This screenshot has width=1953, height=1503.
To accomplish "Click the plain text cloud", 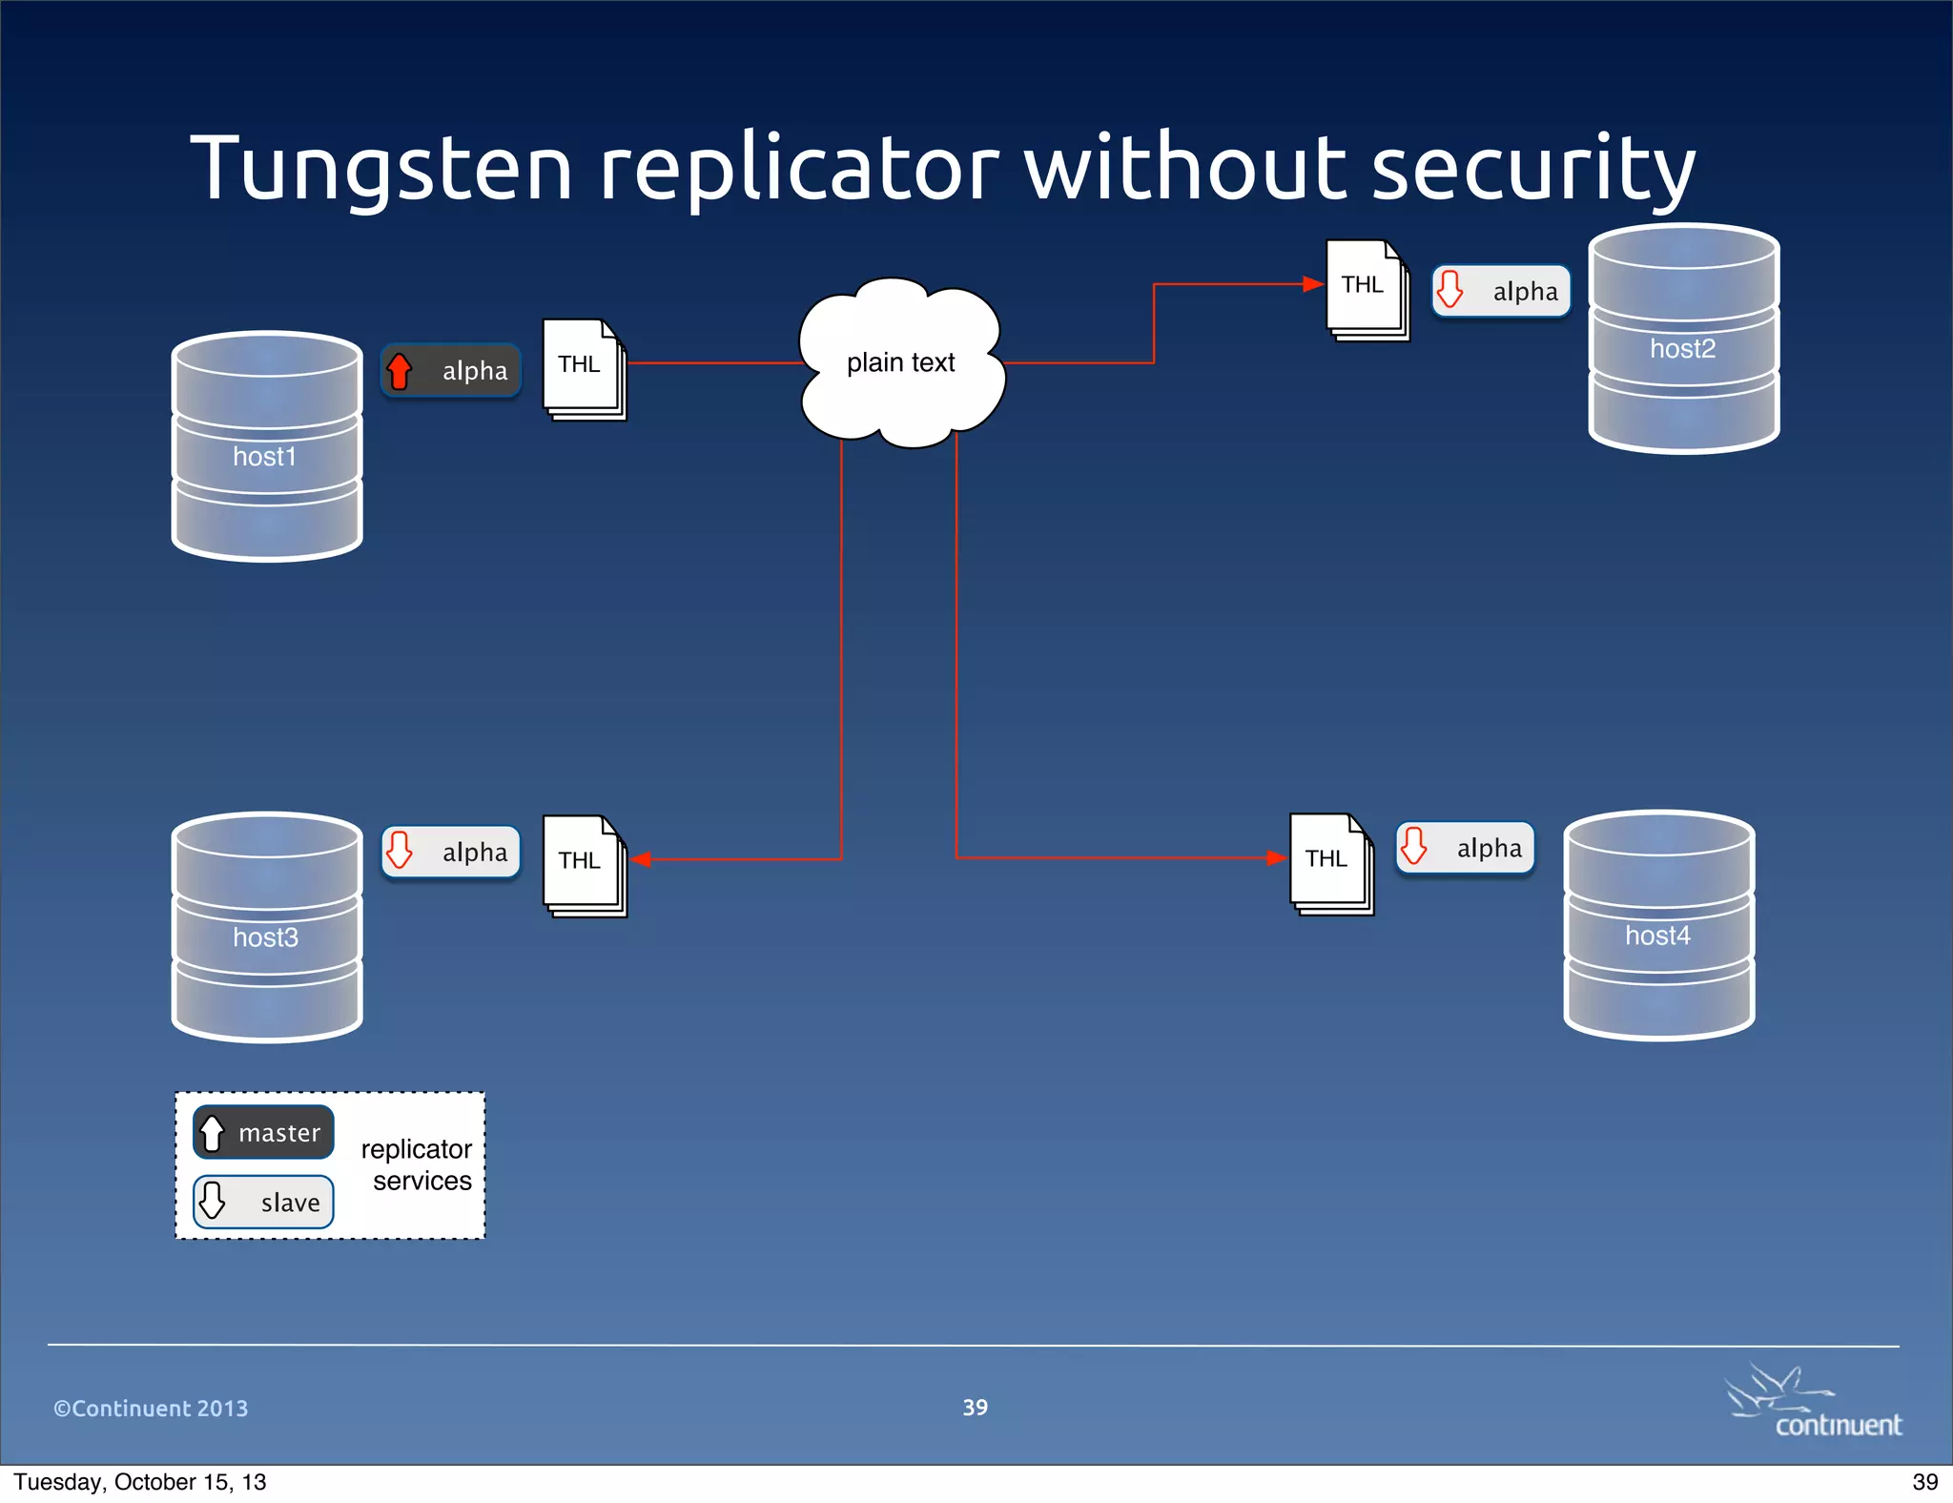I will [901, 363].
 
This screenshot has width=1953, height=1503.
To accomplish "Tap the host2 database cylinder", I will [1683, 339].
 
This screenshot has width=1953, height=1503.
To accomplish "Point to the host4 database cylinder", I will [1658, 925].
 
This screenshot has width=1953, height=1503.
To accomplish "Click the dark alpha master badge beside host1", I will [451, 371].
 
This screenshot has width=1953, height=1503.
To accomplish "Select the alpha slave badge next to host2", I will [1501, 291].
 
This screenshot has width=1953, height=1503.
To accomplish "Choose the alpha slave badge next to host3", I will [451, 852].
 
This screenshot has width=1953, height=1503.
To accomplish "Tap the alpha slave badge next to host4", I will [1465, 848].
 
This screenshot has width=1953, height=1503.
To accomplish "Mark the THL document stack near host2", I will [1367, 290].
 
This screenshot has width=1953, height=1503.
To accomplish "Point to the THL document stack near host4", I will [1331, 864].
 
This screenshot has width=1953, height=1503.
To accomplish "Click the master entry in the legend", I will [263, 1132].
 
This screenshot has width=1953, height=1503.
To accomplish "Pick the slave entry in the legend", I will [263, 1202].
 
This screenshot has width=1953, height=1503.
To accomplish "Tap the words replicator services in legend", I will [417, 1164].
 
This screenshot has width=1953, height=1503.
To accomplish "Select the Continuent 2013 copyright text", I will [151, 1409].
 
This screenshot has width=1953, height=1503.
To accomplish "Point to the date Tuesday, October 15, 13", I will [140, 1482].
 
